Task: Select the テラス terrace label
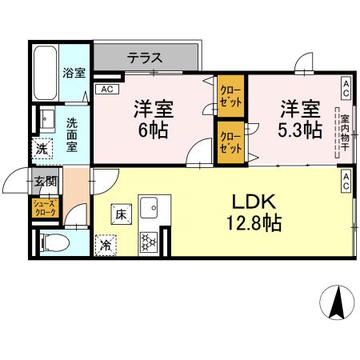[145, 58]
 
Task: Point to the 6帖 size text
[151, 130]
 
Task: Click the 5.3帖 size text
[299, 130]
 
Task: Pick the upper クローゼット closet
[231, 97]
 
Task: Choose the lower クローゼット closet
[231, 142]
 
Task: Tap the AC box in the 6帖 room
[106, 90]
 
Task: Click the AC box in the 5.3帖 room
[346, 84]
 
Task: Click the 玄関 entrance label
[43, 182]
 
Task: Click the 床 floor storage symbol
[120, 214]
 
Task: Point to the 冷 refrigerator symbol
[106, 245]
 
